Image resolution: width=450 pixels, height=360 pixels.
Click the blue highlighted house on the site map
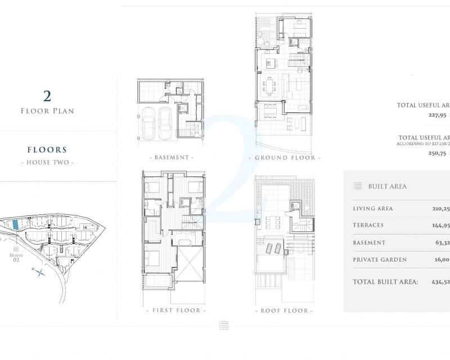tap(15, 224)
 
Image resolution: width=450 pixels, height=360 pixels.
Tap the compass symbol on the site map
tap(40, 273)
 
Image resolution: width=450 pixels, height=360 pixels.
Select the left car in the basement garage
tap(149, 123)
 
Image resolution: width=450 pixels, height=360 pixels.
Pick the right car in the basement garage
tap(165, 123)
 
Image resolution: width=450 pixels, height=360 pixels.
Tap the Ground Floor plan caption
tap(287, 157)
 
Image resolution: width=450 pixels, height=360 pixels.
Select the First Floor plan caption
tap(175, 310)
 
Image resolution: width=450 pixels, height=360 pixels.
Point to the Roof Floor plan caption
tap(284, 310)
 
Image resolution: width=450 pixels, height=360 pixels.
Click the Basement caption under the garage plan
tap(173, 157)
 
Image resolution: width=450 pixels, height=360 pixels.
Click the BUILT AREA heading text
tap(387, 186)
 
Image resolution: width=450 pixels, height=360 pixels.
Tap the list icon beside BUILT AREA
tap(358, 186)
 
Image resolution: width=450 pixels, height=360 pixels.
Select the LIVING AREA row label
tap(372, 209)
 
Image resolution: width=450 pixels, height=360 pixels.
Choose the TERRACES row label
tap(368, 225)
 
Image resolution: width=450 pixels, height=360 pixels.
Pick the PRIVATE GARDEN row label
tap(379, 260)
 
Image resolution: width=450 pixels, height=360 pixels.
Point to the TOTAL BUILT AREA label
tap(385, 281)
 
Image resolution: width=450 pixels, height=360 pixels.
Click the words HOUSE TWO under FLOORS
tap(47, 163)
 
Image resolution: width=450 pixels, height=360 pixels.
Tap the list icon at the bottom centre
tap(224, 325)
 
